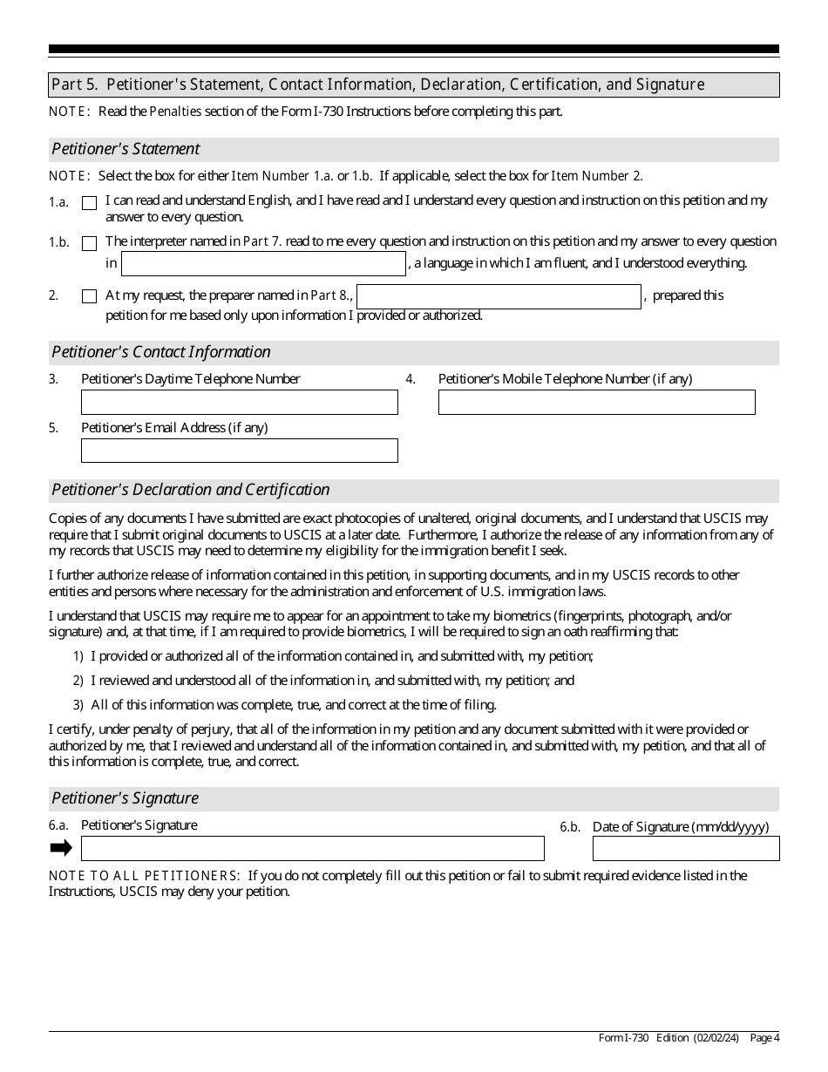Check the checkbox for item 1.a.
(x=89, y=203)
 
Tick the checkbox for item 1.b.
(x=89, y=243)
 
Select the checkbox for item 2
(x=89, y=296)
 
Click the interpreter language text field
(x=263, y=263)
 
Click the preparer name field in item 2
(x=499, y=296)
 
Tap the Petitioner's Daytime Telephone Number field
(x=239, y=402)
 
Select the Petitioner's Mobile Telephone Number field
(x=596, y=402)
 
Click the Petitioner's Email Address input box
(x=239, y=451)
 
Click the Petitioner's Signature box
(x=312, y=848)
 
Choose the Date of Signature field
(x=686, y=848)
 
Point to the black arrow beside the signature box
(x=61, y=848)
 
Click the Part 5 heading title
(x=377, y=85)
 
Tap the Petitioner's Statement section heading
(x=126, y=149)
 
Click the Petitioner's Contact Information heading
(x=161, y=352)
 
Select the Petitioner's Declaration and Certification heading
(x=191, y=490)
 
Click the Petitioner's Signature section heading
(x=126, y=798)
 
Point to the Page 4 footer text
(x=764, y=1037)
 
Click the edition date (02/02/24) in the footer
(x=716, y=1037)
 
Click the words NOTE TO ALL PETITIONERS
(x=145, y=876)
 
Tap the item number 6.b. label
(x=570, y=827)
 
